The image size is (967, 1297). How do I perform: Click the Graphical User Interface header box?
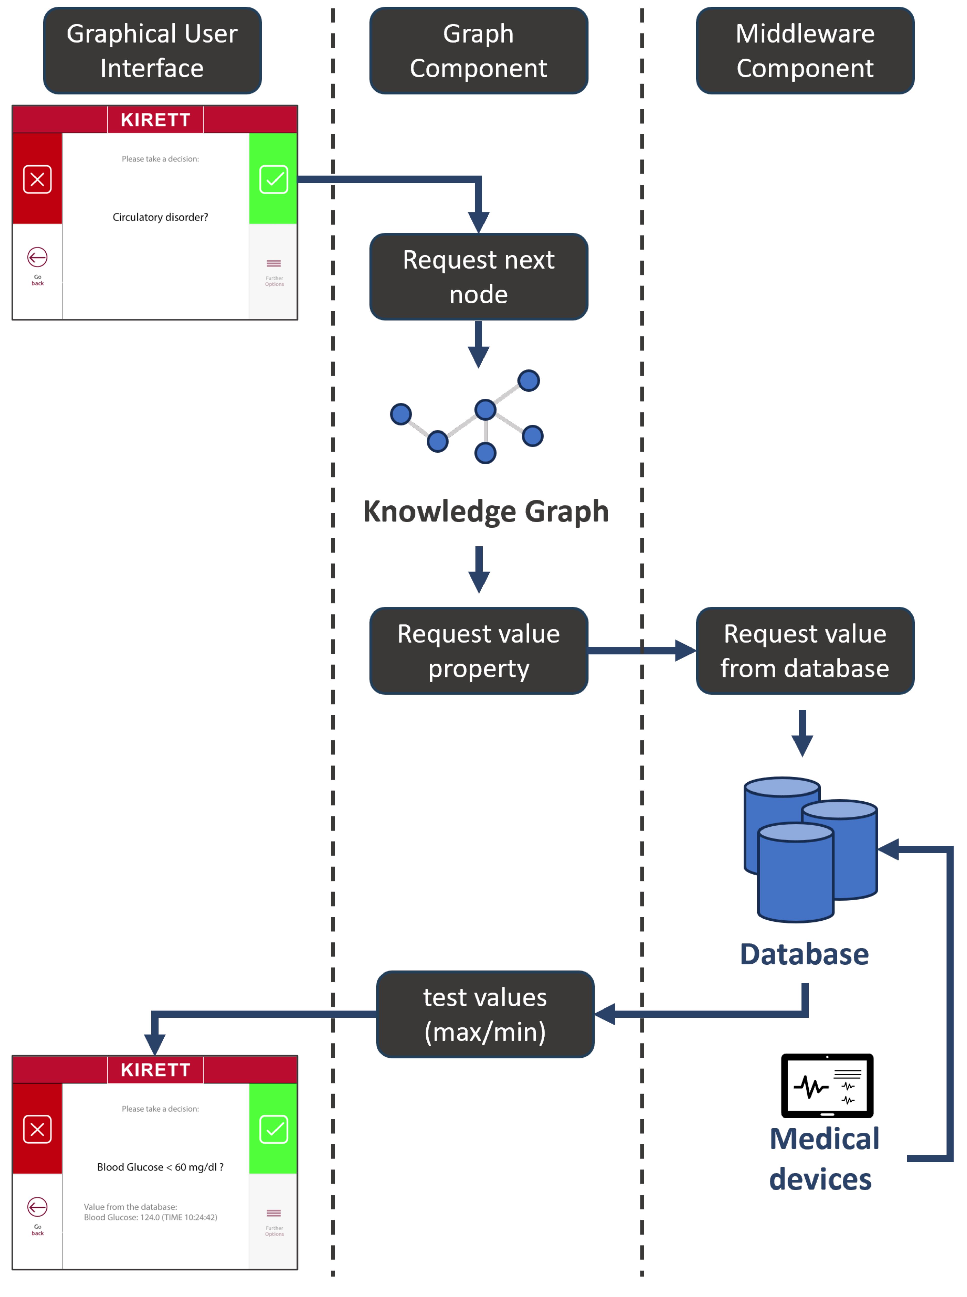(152, 51)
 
